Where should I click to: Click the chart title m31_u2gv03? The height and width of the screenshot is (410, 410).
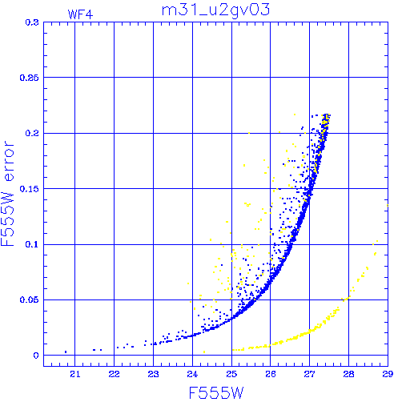tap(215, 10)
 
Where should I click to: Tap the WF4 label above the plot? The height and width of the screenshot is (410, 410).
tap(80, 14)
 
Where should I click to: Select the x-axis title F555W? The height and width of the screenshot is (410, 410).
tap(216, 393)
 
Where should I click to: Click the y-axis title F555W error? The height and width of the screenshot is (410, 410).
tap(7, 194)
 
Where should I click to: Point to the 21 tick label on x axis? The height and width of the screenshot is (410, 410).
tap(75, 374)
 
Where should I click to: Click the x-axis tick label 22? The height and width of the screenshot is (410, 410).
tap(114, 374)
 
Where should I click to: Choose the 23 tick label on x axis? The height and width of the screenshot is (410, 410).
tap(153, 374)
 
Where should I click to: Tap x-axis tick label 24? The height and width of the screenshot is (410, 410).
tap(192, 374)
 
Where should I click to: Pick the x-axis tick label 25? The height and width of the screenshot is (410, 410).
tap(231, 374)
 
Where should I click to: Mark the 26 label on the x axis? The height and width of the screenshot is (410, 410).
tap(271, 374)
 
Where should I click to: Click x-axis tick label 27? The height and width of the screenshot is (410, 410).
tap(309, 374)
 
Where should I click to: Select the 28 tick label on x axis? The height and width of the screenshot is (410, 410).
tap(348, 374)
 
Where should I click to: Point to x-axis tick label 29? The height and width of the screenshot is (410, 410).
tap(388, 374)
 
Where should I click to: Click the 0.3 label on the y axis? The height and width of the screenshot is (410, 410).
tap(32, 22)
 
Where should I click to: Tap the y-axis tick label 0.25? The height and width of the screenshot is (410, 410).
tap(30, 78)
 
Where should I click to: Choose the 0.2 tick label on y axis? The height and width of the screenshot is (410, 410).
tap(32, 133)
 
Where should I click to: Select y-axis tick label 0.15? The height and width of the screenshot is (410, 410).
tap(30, 189)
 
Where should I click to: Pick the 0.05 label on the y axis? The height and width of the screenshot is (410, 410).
tap(30, 299)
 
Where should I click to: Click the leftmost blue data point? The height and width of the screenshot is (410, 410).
tap(66, 352)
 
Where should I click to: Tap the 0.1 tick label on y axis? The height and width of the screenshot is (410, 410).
tap(32, 244)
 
